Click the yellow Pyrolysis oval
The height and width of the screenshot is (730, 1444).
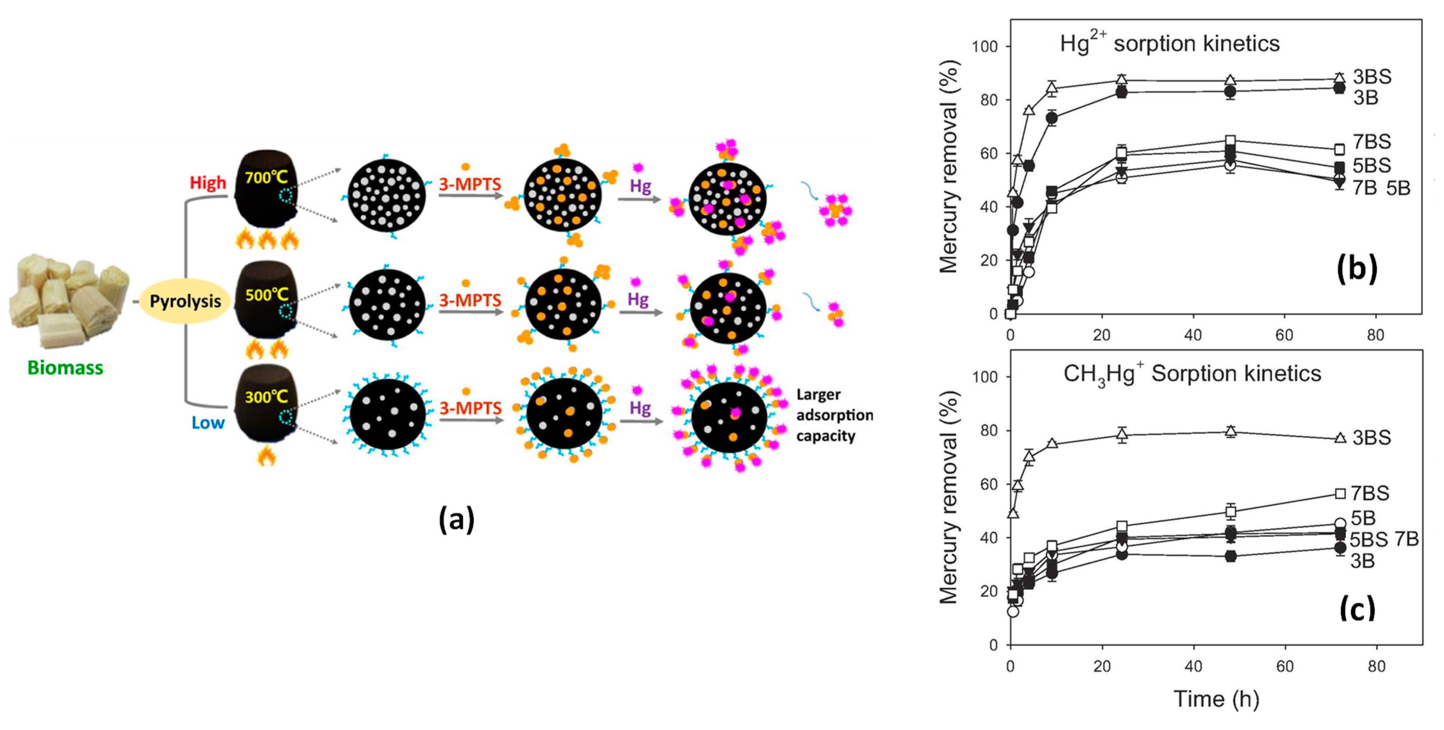pyautogui.click(x=185, y=301)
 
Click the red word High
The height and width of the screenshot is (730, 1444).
pyautogui.click(x=207, y=183)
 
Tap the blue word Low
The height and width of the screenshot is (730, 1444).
pyautogui.click(x=208, y=423)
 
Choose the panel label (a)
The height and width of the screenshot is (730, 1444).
pyautogui.click(x=456, y=519)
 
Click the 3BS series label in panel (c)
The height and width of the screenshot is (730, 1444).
pyautogui.click(x=1371, y=437)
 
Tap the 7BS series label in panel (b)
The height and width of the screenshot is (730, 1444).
pyautogui.click(x=1371, y=142)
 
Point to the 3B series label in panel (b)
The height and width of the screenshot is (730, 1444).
pyautogui.click(x=1365, y=98)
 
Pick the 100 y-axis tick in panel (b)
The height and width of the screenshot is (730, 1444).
pyautogui.click(x=985, y=47)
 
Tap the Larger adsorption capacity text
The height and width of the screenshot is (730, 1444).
pyautogui.click(x=834, y=416)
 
